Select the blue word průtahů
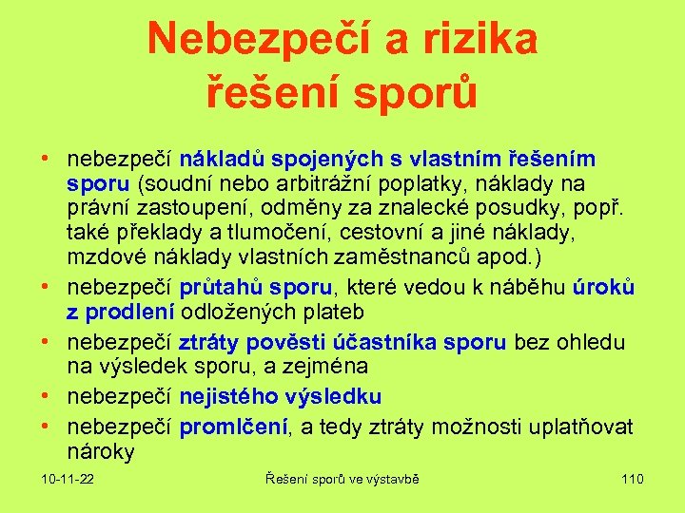222,288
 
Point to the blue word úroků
603,288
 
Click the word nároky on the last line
101,452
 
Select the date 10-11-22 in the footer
68,479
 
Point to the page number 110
632,479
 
